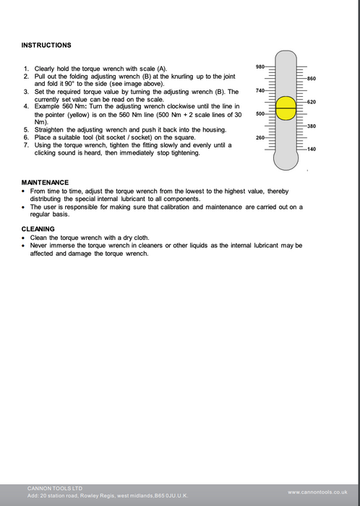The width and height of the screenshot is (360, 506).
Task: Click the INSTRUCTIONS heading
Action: point(46,45)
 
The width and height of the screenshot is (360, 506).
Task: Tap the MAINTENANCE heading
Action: point(45,182)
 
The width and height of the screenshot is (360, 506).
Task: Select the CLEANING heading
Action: point(38,229)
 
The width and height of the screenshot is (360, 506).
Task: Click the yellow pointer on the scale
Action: point(286,108)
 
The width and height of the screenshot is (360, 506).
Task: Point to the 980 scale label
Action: point(260,67)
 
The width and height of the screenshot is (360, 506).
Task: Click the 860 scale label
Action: point(312,79)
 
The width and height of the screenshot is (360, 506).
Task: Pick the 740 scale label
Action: point(260,90)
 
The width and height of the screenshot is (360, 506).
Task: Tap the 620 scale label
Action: point(312,102)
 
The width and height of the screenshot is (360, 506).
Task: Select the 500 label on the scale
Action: point(260,114)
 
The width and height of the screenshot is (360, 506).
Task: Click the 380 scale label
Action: point(312,126)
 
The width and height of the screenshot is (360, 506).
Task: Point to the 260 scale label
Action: point(260,138)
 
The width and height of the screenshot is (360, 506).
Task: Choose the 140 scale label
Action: point(312,149)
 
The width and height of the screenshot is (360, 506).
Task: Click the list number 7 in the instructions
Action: point(26,145)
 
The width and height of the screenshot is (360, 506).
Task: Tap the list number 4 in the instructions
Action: point(26,106)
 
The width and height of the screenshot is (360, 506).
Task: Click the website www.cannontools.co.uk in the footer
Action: point(317,492)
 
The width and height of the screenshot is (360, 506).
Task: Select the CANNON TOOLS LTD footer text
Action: point(55,488)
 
